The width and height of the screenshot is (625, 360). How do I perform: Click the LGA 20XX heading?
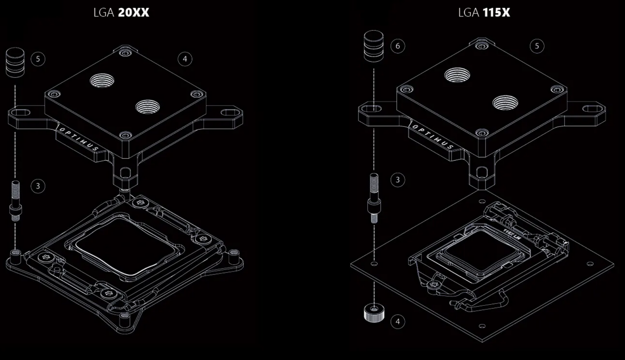click(121, 12)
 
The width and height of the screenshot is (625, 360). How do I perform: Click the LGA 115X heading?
click(484, 12)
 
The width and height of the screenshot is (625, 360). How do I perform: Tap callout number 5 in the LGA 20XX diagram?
click(38, 59)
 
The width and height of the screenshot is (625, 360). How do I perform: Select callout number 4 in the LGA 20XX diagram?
click(185, 59)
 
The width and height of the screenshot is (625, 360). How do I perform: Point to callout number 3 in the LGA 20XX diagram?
click(38, 186)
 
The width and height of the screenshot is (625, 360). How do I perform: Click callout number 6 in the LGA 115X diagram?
click(398, 46)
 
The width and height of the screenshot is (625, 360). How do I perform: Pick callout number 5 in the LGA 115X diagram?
click(537, 46)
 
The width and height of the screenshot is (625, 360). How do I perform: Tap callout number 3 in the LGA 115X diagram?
click(398, 180)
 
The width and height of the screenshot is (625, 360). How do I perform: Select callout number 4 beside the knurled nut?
click(398, 322)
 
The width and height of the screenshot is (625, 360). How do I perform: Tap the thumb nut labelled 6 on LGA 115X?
click(373, 46)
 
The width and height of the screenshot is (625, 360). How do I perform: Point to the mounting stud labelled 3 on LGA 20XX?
click(16, 200)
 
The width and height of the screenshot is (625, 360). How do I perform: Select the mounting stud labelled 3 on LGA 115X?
click(374, 198)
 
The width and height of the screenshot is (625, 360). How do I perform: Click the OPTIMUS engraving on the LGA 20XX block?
click(78, 139)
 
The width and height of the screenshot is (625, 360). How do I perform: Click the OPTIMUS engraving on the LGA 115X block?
click(433, 137)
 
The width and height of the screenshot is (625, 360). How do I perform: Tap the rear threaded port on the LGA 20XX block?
click(102, 81)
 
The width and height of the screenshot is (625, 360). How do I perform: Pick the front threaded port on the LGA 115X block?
click(505, 103)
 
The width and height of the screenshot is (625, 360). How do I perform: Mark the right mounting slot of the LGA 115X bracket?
click(592, 108)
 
